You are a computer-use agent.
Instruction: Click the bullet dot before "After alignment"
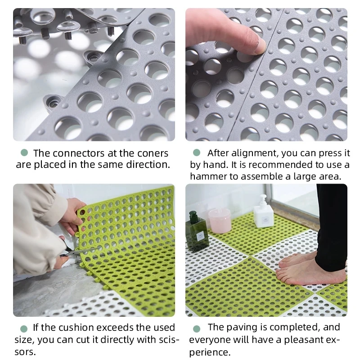point(197,153)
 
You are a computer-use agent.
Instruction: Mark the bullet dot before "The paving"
point(197,328)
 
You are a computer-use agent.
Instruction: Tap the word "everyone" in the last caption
point(210,339)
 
